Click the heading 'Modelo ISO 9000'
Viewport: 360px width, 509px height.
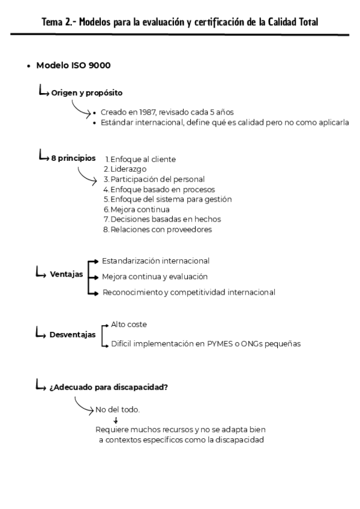73,65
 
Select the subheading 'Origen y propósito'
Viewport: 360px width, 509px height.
87,93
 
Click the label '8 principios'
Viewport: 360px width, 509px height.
73,158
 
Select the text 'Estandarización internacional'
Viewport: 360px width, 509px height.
155,261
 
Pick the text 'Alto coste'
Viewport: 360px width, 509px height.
129,324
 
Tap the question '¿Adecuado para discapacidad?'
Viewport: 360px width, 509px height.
109,387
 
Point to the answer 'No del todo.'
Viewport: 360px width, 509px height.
118,409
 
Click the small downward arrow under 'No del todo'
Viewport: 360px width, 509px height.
115,420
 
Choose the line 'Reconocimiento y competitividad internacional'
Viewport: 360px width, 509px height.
188,292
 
